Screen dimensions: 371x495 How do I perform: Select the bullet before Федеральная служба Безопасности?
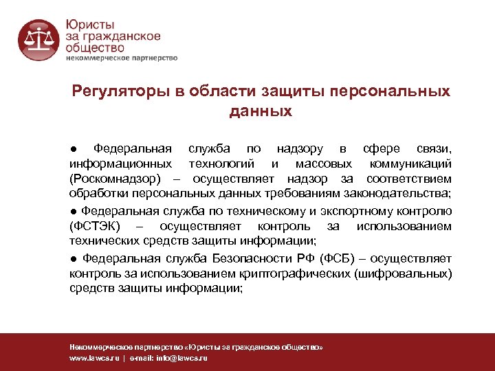(73, 259)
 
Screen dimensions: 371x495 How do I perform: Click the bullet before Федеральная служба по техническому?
(73, 212)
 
